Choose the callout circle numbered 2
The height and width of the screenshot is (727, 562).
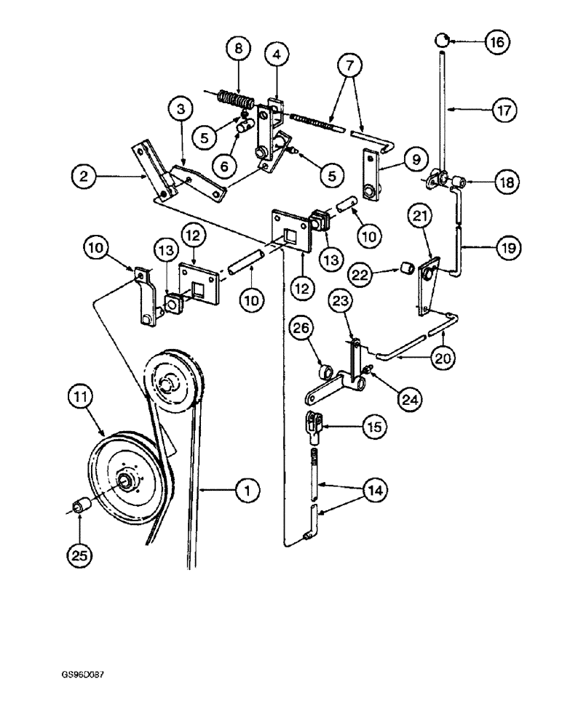pyautogui.click(x=87, y=175)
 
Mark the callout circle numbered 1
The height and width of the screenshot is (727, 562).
pyautogui.click(x=248, y=492)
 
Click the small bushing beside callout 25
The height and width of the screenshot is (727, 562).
pyautogui.click(x=82, y=504)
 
